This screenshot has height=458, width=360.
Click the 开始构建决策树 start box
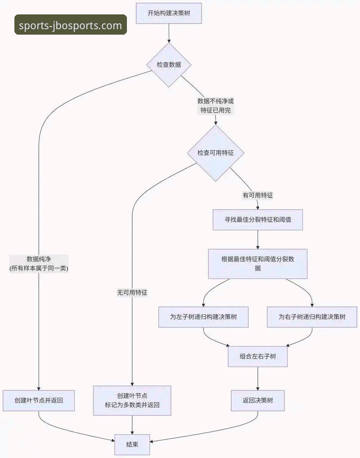(169, 13)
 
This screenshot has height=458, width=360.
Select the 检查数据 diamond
(169, 65)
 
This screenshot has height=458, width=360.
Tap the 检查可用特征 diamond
(216, 153)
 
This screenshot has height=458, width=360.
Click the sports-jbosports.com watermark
(71, 25)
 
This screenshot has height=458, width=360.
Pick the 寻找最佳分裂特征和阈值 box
(257, 220)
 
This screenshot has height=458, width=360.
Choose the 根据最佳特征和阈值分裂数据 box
(257, 264)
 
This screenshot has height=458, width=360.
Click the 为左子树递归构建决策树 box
(203, 317)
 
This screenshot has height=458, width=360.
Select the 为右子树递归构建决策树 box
(312, 317)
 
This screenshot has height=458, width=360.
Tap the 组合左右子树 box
(257, 356)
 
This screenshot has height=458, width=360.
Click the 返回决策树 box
(257, 400)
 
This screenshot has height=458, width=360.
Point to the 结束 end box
(132, 445)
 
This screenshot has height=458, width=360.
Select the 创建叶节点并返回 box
(39, 400)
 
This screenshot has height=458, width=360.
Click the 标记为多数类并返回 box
(132, 400)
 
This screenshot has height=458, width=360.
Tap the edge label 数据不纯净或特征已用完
(216, 106)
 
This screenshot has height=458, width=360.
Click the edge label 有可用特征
(257, 195)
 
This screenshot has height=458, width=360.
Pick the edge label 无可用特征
(132, 292)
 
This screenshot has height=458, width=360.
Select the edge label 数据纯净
(39, 264)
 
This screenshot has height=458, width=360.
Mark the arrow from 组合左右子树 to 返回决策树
(257, 378)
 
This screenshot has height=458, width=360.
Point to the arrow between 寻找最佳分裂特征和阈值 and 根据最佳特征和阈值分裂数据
(257, 239)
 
